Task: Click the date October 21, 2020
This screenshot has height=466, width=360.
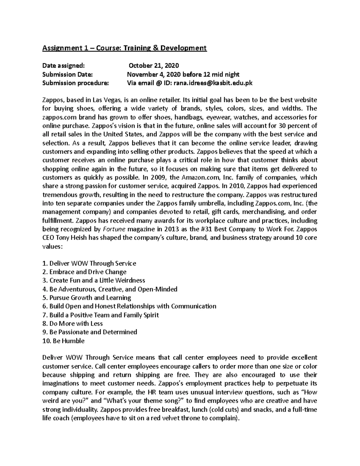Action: click(154, 66)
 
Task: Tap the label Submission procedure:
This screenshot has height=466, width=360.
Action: click(75, 83)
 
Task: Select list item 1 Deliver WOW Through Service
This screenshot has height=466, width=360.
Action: click(89, 263)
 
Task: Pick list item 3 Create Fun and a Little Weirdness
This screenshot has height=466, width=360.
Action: click(94, 281)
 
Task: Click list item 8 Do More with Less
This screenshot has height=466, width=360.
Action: click(73, 324)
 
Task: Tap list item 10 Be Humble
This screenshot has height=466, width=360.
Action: click(64, 341)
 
